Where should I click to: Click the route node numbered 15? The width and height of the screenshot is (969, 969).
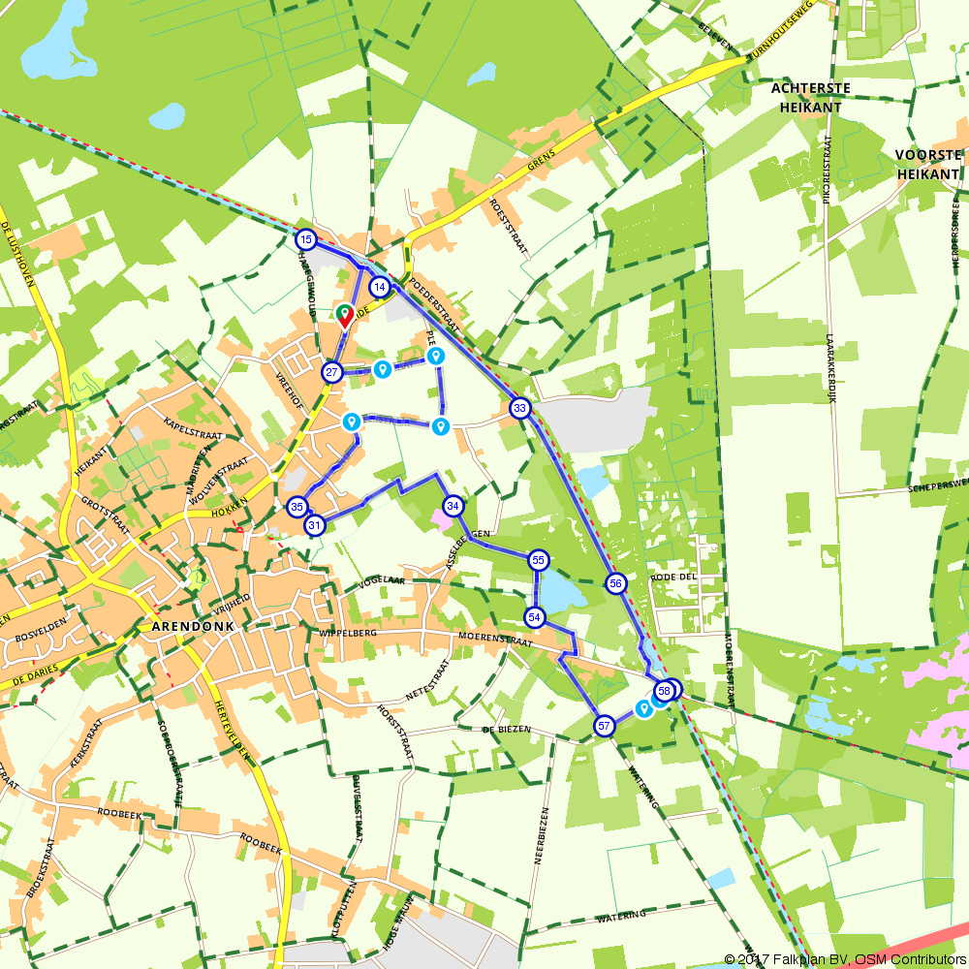point(305,239)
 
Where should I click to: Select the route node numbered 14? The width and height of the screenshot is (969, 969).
point(380,287)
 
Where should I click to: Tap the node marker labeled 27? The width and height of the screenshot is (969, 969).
point(332,372)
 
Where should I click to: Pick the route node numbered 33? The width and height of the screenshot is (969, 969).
point(520,408)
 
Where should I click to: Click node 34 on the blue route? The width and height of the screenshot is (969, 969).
point(453,505)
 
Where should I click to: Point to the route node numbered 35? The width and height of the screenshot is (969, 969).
point(297,506)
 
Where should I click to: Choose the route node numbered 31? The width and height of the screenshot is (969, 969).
point(314,525)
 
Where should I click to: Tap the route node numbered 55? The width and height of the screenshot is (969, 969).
point(539,560)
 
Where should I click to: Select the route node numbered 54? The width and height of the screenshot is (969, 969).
point(535,616)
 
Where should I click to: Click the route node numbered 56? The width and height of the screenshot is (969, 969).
point(615,583)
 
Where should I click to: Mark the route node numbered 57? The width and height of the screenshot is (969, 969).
point(604,726)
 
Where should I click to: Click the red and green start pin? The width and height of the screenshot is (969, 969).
point(344,315)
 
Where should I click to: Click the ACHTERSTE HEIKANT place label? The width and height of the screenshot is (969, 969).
point(811,97)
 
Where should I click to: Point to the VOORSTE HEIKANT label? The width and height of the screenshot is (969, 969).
point(928,163)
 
